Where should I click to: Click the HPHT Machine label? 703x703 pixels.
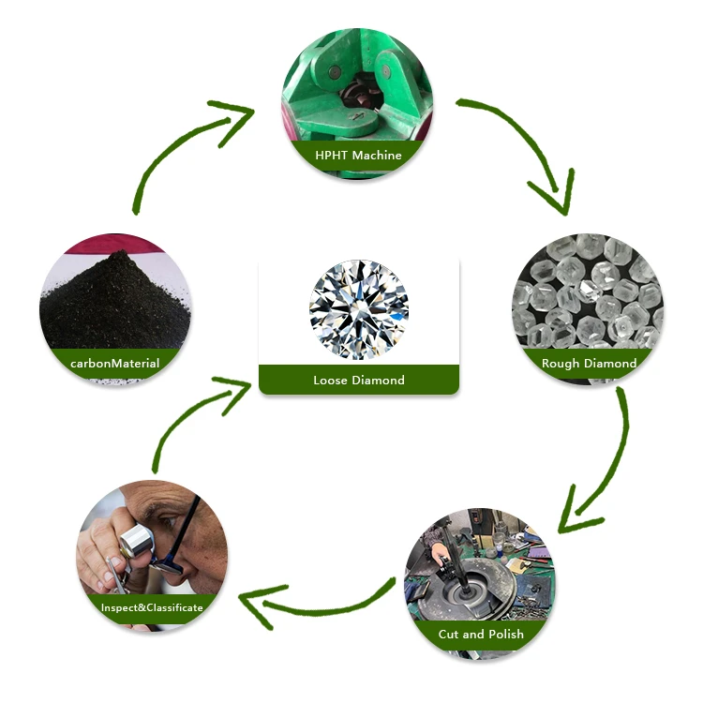(358, 155)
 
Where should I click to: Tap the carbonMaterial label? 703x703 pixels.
(114, 363)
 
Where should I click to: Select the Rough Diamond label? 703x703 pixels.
(589, 363)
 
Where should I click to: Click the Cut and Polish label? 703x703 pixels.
(481, 634)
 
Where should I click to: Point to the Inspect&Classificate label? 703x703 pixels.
(152, 607)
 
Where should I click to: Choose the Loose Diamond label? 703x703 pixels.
(359, 380)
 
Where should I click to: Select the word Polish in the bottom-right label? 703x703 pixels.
(503, 634)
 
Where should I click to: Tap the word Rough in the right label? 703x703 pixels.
(561, 363)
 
